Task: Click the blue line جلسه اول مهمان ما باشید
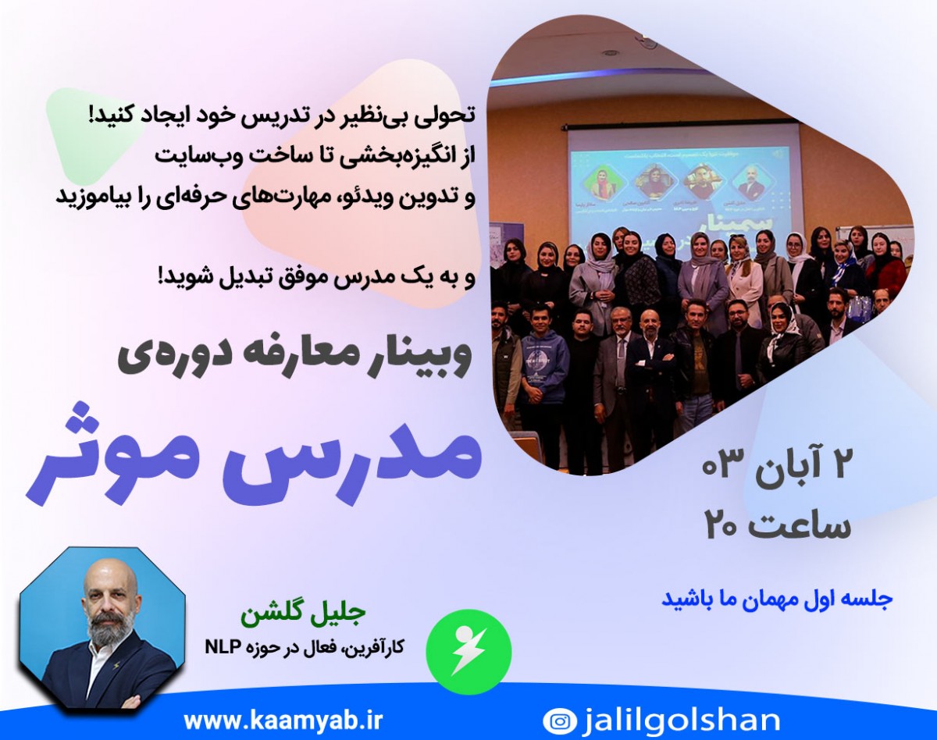[777, 600]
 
